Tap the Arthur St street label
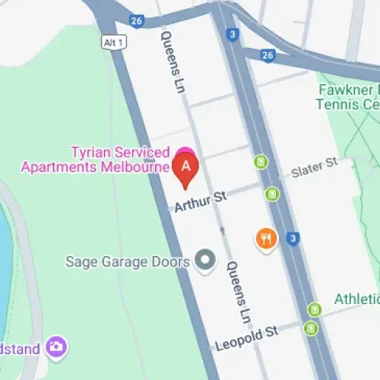coord(201,201)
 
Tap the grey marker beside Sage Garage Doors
coord(205,261)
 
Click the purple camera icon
coord(55,347)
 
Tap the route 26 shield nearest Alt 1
coord(136,21)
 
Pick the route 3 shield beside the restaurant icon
coord(293,239)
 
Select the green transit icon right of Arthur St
coord(272,195)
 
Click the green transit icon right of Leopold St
coord(310,328)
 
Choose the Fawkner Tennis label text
coord(348,97)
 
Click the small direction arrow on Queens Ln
coord(223,228)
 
